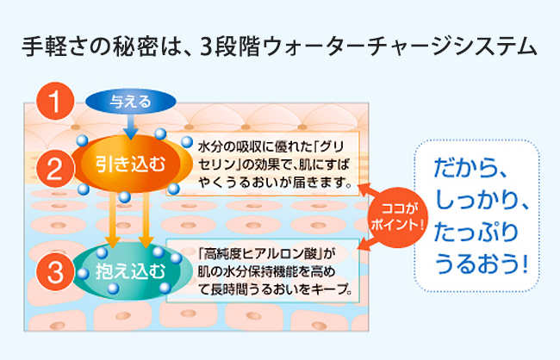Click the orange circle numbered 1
pos(55,101)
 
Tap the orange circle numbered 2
pos(55,169)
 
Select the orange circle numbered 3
pos(55,272)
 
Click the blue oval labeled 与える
pos(131,102)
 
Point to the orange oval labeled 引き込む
pos(131,164)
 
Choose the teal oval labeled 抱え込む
pos(131,271)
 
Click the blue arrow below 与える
pos(131,126)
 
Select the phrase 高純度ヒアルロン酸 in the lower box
pos(258,254)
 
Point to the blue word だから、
pos(471,168)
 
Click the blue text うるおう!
pos(482,264)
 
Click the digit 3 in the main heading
pos(207,47)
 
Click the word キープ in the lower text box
pos(328,289)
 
